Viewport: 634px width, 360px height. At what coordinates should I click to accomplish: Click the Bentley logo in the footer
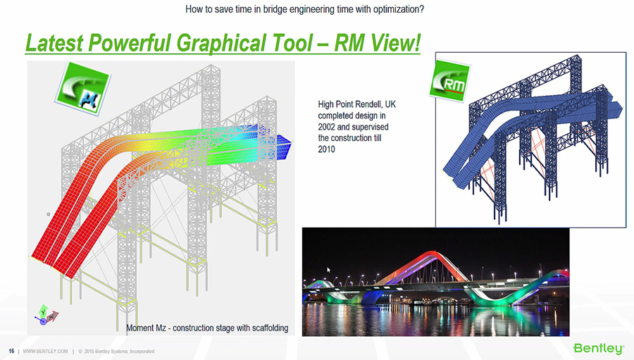[x=598, y=348]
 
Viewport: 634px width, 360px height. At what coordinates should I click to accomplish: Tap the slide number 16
[x=11, y=351]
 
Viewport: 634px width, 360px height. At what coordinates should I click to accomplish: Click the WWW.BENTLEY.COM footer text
[x=45, y=351]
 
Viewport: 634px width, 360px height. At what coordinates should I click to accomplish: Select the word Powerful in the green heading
[x=129, y=43]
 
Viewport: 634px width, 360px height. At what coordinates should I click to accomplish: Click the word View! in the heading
[x=395, y=42]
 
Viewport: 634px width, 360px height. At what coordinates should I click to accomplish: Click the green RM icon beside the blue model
[x=449, y=81]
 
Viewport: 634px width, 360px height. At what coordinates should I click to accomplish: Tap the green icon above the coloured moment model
[x=83, y=88]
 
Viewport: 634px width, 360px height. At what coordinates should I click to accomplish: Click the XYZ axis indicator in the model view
[x=46, y=316]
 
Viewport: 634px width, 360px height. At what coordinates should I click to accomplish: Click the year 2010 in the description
[x=326, y=149]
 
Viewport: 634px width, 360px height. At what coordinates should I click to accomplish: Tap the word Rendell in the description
[x=368, y=104]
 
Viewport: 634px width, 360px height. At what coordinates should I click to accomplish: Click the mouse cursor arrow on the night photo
[x=329, y=270]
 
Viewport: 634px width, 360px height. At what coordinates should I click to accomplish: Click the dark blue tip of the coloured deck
[x=285, y=144]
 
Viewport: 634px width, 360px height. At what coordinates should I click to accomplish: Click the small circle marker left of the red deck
[x=49, y=214]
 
